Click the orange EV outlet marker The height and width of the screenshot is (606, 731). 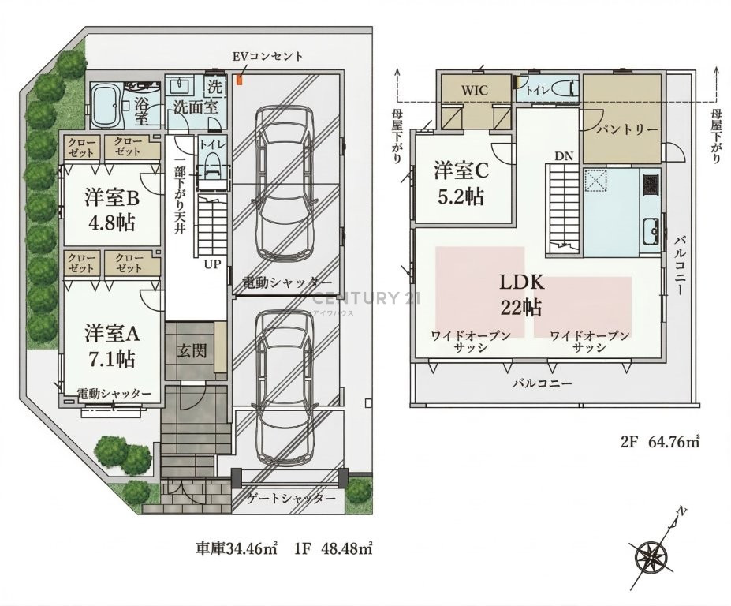240,80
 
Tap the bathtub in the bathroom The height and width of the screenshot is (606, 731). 106,105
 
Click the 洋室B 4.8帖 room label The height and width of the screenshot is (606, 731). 112,210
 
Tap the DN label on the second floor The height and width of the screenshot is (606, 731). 564,156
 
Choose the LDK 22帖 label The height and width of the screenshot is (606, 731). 522,295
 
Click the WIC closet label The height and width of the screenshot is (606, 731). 474,90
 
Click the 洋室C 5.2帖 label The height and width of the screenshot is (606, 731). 461,183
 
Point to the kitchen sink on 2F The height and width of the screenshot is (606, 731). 650,231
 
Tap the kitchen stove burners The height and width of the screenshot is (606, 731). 651,185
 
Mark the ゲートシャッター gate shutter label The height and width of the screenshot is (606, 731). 292,498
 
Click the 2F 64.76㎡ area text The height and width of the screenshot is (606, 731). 660,441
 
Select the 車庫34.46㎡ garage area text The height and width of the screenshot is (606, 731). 237,548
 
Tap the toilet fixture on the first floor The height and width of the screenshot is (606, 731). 212,163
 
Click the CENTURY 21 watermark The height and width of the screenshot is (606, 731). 365,298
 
